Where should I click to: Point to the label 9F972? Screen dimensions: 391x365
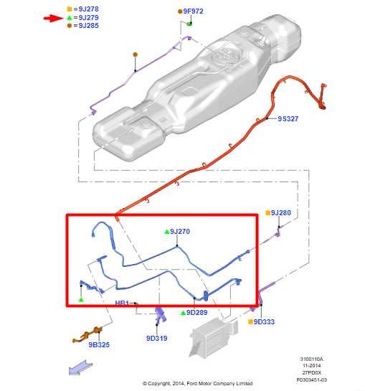193,11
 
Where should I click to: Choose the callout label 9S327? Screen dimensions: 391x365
289,118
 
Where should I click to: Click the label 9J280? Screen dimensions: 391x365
281,213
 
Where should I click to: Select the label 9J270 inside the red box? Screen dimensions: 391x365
180,232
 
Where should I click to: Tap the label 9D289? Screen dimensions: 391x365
196,313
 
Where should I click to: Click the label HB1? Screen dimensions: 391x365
122,303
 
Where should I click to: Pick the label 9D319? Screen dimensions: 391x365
156,338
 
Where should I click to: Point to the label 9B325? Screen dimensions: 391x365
99,344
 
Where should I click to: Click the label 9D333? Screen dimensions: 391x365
264,322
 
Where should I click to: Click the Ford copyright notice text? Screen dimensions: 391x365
198,383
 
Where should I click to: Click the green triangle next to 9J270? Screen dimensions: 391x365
166,232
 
